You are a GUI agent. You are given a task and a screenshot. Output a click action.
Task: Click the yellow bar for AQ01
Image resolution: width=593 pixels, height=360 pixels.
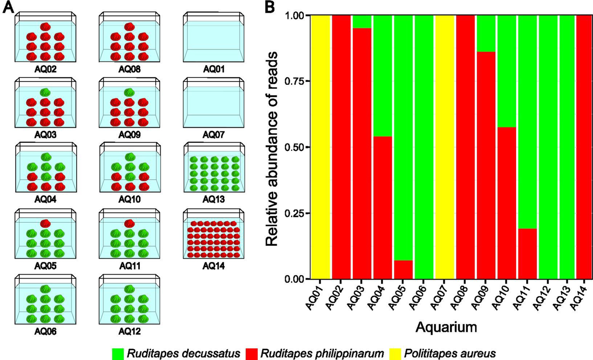click(321, 147)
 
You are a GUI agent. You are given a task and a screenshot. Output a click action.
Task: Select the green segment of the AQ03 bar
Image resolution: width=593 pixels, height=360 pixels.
click(362, 22)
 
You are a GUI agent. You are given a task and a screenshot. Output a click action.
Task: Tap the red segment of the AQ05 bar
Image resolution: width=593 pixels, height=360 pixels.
click(403, 270)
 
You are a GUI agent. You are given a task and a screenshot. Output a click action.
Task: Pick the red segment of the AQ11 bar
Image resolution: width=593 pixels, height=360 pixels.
click(528, 254)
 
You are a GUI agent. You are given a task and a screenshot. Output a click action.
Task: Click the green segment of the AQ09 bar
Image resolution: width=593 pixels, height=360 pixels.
click(486, 34)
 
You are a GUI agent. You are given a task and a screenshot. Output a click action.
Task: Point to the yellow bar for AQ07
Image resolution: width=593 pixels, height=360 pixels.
click(445, 147)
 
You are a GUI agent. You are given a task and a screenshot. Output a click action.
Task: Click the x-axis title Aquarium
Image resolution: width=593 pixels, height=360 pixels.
click(446, 328)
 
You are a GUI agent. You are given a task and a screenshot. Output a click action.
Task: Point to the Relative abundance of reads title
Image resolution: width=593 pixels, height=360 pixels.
click(272, 149)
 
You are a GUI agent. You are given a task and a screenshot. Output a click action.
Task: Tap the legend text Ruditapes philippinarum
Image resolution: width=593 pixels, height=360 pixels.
click(322, 354)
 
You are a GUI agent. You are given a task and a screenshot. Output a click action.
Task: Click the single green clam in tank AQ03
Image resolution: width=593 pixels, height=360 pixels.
click(45, 92)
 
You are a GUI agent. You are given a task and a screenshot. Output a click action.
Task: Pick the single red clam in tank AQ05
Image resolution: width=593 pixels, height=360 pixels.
click(45, 224)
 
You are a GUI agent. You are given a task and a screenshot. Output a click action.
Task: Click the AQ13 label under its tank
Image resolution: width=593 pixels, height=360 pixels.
click(213, 199)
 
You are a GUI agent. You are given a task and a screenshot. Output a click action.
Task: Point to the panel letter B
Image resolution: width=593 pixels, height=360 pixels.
click(270, 7)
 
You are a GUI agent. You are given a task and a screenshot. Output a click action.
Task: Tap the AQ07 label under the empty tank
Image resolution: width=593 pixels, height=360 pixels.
click(213, 135)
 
